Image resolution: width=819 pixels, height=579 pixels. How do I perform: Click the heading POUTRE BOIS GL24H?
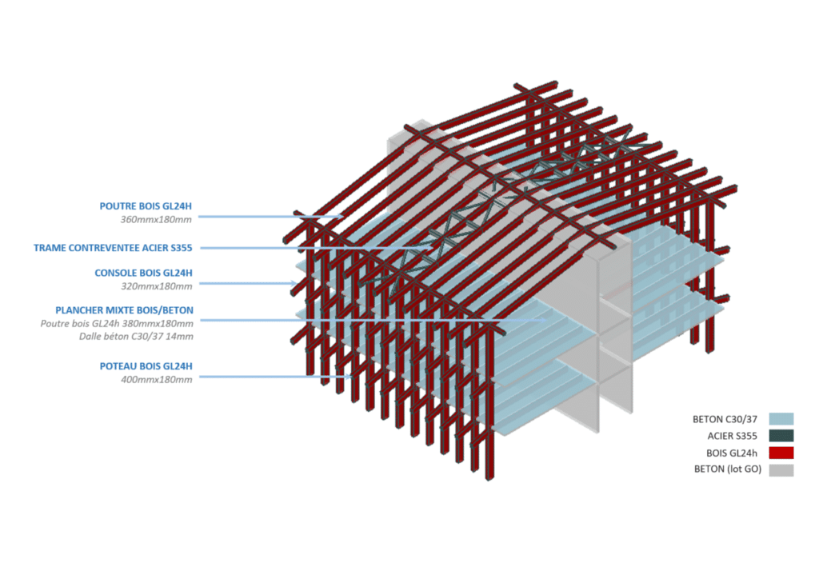point(146,206)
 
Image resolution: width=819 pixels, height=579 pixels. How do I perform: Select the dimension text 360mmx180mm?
point(158,220)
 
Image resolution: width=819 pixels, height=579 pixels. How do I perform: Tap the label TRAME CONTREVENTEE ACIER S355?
point(113,248)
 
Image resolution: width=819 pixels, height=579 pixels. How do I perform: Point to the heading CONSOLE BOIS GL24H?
point(144,273)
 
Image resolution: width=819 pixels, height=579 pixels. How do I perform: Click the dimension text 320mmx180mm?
point(158,286)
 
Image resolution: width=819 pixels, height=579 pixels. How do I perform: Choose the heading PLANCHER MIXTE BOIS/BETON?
point(124,310)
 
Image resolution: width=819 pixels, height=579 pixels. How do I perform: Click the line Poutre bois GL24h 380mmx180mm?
point(117,324)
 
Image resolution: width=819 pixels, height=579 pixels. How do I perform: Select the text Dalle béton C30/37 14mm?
point(136,337)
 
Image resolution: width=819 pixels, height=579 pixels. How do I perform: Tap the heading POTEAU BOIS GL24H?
point(146,366)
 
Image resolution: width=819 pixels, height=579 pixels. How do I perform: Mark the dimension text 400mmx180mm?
point(158,379)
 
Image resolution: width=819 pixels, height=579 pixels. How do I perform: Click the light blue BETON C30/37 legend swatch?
point(781,418)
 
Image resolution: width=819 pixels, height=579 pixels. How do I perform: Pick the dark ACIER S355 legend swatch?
point(781,436)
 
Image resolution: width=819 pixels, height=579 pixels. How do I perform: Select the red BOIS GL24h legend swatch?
point(781,453)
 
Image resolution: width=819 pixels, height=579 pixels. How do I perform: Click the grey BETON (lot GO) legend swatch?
point(781,469)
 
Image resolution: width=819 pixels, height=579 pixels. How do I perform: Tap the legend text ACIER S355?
point(733,436)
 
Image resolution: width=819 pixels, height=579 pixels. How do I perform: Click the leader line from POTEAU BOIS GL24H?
point(264,377)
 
